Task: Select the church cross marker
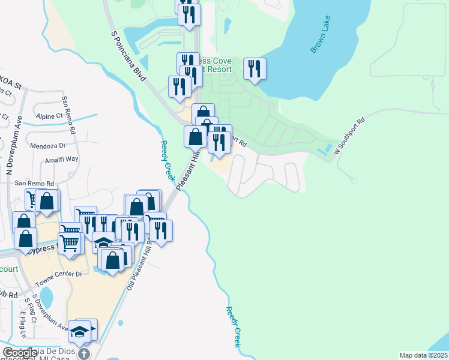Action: coord(84,354)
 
